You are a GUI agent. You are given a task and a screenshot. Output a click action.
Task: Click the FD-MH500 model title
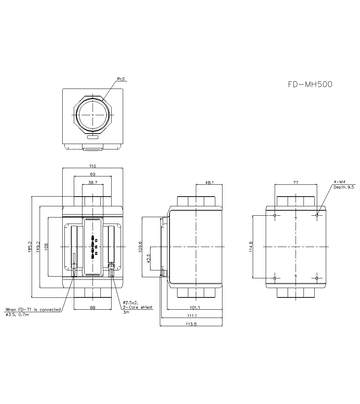[x=310, y=84]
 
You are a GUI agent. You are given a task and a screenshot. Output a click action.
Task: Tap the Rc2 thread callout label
[x=121, y=79]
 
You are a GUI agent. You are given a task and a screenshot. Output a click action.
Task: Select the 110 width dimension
[x=93, y=166]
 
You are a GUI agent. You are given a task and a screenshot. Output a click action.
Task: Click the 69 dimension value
[x=93, y=174]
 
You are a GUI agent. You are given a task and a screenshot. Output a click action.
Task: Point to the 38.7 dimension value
[x=93, y=183]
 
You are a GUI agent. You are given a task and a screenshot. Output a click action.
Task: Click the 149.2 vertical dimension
[x=37, y=247]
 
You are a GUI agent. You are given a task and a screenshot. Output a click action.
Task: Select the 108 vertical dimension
[x=46, y=247]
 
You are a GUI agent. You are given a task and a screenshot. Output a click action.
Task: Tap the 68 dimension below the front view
[x=93, y=308]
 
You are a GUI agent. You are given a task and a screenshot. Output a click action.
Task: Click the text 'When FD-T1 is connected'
[x=33, y=310]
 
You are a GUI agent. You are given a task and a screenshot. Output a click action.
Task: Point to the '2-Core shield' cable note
[x=138, y=307]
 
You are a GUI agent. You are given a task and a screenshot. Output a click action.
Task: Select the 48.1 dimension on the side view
[x=209, y=183]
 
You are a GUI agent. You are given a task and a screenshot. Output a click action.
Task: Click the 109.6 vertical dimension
[x=140, y=247]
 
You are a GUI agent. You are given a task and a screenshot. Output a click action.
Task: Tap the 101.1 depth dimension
[x=195, y=308]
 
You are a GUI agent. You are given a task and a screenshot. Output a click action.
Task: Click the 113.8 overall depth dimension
[x=191, y=324]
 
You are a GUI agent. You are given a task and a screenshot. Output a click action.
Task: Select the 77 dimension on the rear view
[x=296, y=183]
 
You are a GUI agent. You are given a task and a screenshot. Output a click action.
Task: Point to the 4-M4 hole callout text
[x=339, y=183]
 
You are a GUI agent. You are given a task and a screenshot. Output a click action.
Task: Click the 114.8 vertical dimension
[x=251, y=247]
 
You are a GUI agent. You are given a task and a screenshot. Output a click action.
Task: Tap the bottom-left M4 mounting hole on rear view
[x=275, y=278]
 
